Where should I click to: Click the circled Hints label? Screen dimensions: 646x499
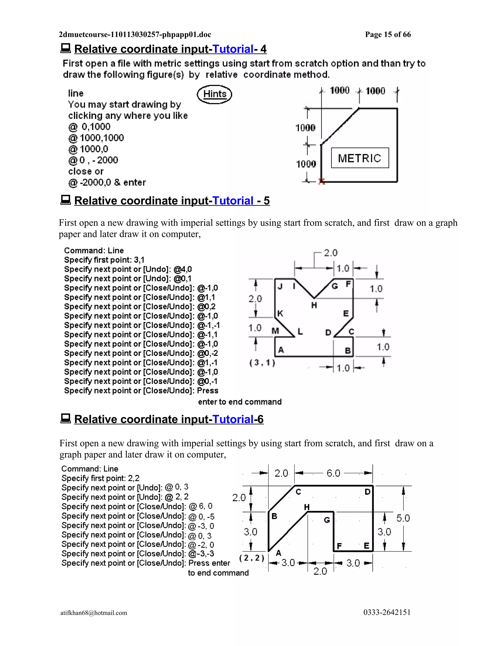coord(215,94)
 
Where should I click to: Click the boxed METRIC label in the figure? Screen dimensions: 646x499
coord(360,158)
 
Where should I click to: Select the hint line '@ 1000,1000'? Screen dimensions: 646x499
coord(96,138)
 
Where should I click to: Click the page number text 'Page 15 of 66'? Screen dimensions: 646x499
coord(388,35)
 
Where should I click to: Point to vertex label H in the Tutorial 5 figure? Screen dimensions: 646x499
coord(314,305)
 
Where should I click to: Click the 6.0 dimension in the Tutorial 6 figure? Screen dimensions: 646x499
coord(333,473)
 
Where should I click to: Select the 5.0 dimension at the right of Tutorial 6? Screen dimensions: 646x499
coord(403,518)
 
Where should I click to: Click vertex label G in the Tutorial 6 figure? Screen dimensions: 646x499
coord(327,520)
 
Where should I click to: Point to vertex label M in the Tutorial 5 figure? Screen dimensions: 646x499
coord(275,331)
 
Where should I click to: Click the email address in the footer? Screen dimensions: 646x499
coord(94,613)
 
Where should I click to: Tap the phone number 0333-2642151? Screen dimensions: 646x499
coord(387,612)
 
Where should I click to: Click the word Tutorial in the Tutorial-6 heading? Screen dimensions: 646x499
coord(233,419)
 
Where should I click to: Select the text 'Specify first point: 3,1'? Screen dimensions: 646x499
coord(104,260)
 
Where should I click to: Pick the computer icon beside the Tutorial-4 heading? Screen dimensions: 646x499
coord(66,48)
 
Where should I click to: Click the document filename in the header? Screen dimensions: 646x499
coord(135,35)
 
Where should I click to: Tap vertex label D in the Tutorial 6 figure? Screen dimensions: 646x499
coord(367,492)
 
